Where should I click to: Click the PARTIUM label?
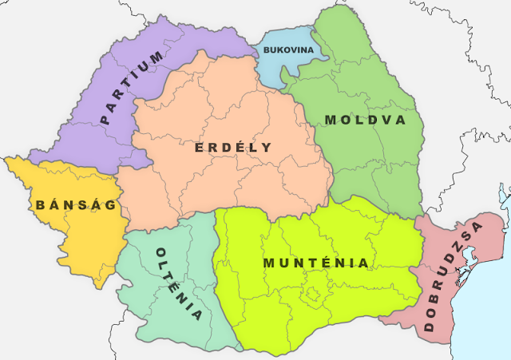[133, 88]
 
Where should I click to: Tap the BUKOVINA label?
[288, 50]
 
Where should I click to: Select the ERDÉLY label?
[232, 148]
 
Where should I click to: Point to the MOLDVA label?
[365, 121]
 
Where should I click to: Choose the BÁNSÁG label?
[76, 205]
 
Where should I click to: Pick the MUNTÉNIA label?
[316, 263]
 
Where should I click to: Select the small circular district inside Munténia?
[311, 297]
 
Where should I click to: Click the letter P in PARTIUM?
[105, 120]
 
